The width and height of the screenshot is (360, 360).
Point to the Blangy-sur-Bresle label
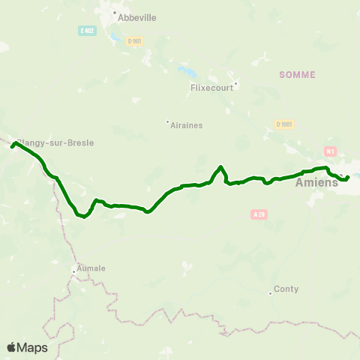click(x=55, y=142)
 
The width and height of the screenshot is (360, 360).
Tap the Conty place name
click(x=286, y=289)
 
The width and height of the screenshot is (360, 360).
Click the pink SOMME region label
click(x=297, y=74)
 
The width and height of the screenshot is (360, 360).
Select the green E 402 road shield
click(x=88, y=30)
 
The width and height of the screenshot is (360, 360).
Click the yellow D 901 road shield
click(x=135, y=41)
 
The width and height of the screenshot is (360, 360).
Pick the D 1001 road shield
click(x=283, y=124)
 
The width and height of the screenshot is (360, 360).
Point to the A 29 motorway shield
click(x=259, y=214)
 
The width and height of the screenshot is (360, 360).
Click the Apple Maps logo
click(x=27, y=347)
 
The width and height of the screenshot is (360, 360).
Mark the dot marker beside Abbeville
click(x=115, y=13)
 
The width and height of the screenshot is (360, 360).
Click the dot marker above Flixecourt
click(x=235, y=83)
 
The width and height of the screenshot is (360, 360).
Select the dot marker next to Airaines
click(x=167, y=121)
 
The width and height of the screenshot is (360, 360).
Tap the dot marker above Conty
click(x=270, y=292)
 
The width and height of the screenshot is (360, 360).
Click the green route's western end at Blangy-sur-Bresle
click(x=12, y=146)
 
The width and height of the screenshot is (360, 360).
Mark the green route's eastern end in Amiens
click(x=348, y=177)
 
